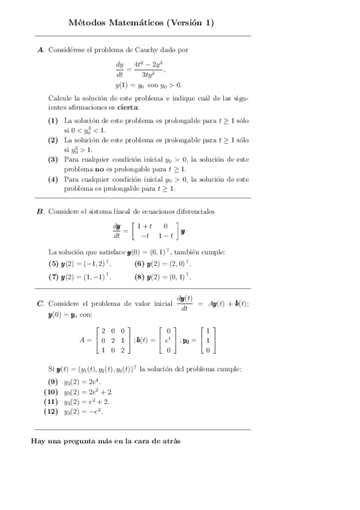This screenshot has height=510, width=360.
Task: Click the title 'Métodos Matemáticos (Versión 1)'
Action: coord(141,23)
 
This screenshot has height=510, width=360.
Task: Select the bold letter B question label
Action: coord(41,211)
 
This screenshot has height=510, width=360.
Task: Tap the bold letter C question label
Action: coord(41,304)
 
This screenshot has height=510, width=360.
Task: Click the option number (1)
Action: coord(53,120)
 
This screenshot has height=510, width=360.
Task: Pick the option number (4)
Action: coord(53,179)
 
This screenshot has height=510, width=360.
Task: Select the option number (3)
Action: coord(53,159)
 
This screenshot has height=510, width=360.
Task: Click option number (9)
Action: coord(53,382)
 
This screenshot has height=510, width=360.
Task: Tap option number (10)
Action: coord(51,392)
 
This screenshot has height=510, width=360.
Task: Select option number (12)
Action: coord(51,412)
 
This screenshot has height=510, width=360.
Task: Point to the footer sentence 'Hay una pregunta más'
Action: coord(106,440)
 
